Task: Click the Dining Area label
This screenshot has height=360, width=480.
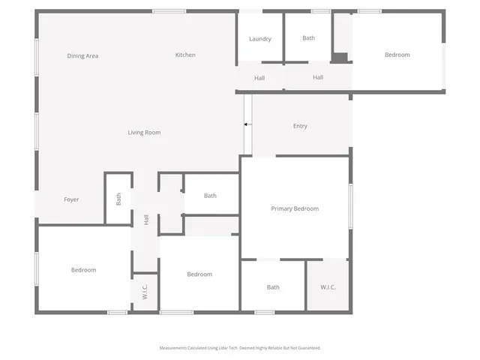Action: tap(82, 56)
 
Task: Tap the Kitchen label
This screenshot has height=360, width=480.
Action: tap(185, 55)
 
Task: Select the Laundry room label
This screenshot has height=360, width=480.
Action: tap(260, 39)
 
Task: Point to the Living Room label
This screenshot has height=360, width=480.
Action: tap(144, 133)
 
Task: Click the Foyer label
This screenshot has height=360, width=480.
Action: tap(71, 199)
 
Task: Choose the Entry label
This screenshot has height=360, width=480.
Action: tap(300, 126)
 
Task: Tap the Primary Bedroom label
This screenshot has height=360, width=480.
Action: tap(295, 208)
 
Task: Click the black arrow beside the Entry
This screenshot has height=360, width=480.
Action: tap(247, 124)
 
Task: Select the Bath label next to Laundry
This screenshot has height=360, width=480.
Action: tap(309, 37)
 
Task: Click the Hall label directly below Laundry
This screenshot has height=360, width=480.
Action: tap(259, 78)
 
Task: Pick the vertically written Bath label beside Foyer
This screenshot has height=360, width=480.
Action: tap(118, 199)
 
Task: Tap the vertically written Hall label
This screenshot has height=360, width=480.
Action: tap(146, 220)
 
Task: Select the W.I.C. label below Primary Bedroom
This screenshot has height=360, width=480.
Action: tap(328, 287)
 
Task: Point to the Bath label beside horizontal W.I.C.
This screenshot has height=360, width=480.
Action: tap(273, 287)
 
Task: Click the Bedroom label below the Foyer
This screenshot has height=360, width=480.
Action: tap(83, 270)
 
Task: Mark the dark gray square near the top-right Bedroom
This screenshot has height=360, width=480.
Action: tap(340, 57)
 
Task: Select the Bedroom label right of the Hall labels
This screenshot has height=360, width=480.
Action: tap(397, 55)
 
